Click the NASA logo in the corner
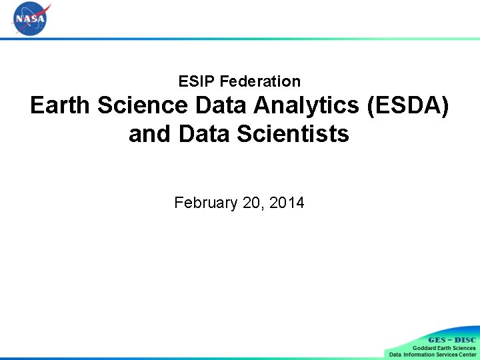[x=31, y=19]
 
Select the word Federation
[x=260, y=81]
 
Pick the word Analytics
[x=308, y=105]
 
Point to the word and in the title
[x=151, y=134]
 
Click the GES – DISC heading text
[x=451, y=340]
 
